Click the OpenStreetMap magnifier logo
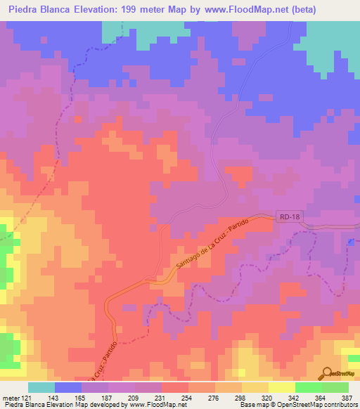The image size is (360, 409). pos(327,375)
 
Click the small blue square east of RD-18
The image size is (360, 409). pos(350,242)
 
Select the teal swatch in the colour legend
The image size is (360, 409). pos(41,387)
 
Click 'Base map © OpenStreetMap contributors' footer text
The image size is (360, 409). pos(297,405)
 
